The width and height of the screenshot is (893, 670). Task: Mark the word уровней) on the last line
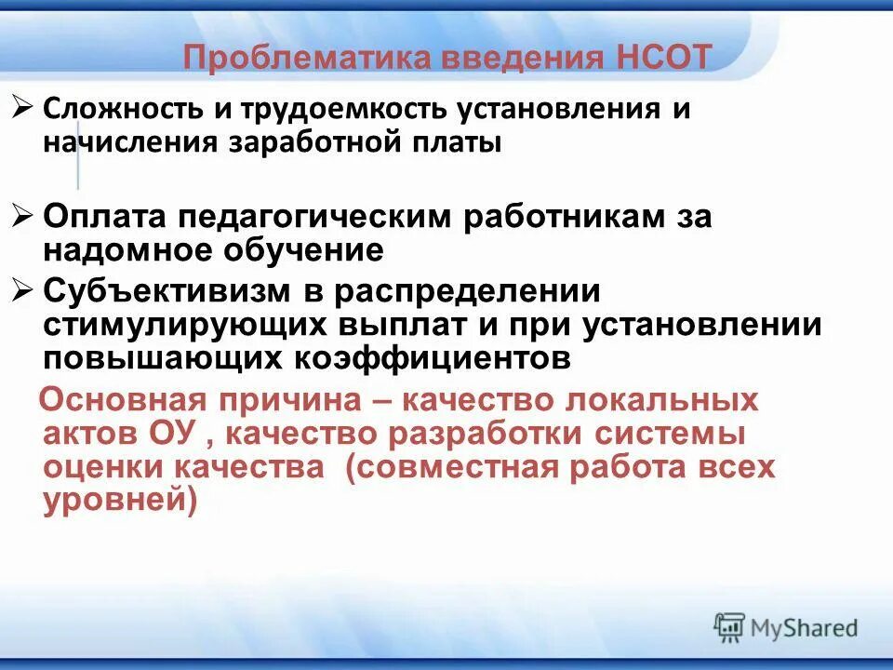(120, 502)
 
